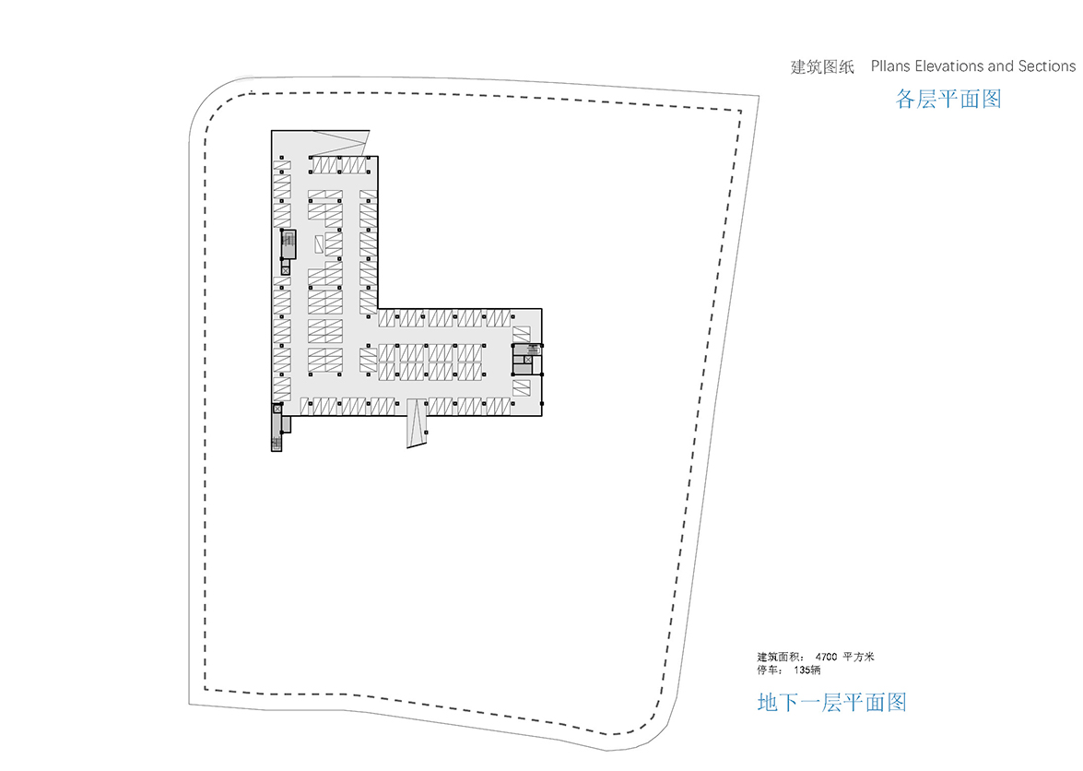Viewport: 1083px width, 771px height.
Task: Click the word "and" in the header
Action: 999,66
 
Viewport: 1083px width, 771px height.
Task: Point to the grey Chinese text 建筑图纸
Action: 822,67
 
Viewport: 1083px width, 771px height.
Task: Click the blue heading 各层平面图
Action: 948,99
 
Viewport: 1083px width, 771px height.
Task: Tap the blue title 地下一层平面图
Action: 831,703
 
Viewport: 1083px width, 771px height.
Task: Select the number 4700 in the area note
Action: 826,657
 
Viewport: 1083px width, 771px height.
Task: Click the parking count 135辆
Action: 806,670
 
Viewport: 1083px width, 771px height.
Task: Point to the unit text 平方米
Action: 858,657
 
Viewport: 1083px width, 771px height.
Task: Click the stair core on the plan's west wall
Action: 288,244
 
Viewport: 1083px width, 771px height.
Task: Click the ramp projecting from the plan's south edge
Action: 417,422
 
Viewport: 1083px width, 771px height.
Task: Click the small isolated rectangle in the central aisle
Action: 319,243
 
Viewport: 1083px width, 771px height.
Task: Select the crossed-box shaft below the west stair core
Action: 285,270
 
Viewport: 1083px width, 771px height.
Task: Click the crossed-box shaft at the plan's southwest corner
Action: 277,409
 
